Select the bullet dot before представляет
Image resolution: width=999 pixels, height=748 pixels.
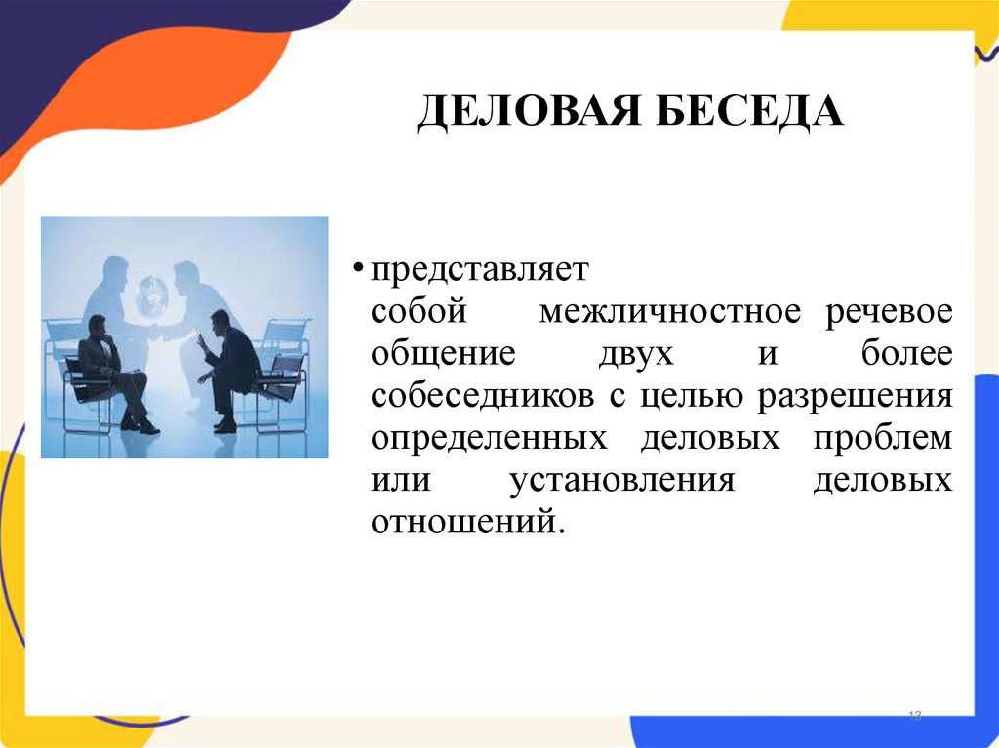(359, 267)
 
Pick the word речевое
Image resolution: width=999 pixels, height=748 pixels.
(890, 313)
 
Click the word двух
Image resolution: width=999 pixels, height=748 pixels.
(636, 355)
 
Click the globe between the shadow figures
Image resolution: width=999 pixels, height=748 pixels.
(152, 295)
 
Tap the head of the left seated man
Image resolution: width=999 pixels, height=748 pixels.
(96, 324)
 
